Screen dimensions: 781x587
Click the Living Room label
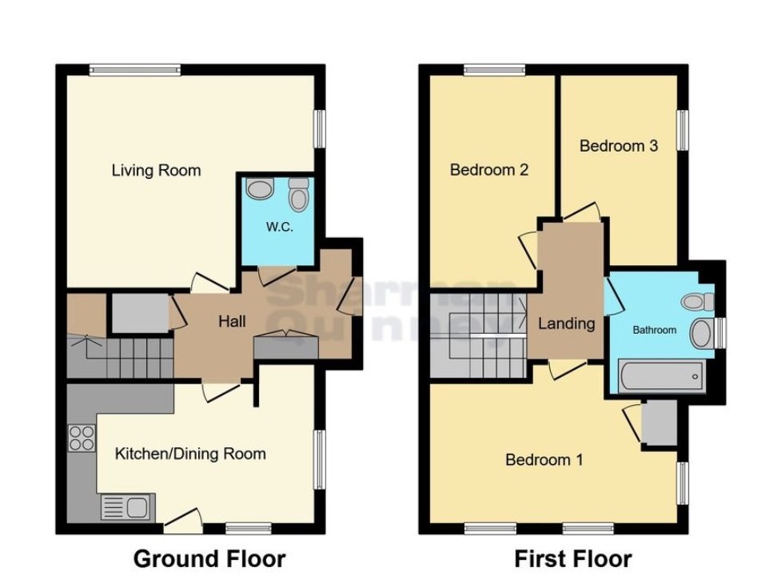tap(156, 171)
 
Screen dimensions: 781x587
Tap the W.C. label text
tap(280, 228)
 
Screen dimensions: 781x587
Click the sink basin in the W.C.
tap(260, 189)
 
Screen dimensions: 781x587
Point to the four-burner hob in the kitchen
tap(82, 438)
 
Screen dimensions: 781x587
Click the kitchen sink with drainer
tap(128, 507)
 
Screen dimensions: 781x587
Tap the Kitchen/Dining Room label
tap(190, 454)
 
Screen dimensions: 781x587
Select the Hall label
tap(232, 321)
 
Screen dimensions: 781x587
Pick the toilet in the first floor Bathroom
tap(698, 301)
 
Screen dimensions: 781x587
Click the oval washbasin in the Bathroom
tap(702, 333)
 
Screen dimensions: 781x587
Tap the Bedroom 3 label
tap(619, 146)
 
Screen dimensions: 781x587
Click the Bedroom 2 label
tap(489, 169)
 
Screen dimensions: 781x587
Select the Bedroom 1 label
tap(544, 459)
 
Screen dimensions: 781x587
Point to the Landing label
tap(567, 323)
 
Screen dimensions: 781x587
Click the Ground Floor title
tap(209, 558)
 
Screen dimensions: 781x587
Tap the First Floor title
tap(573, 558)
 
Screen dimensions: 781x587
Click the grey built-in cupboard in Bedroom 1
tap(659, 422)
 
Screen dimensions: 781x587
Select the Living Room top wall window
tap(135, 70)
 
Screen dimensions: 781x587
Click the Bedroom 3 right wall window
tap(683, 130)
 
